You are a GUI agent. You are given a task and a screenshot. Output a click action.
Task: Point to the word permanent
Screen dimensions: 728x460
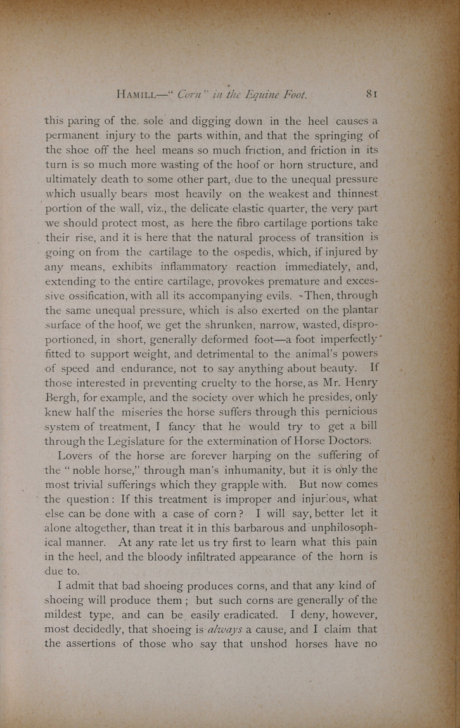coord(73,136)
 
